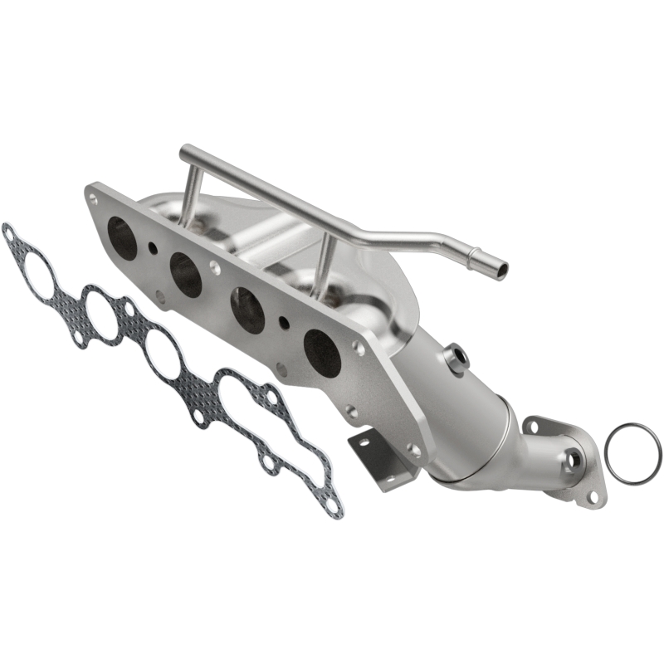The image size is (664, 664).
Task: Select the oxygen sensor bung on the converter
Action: click(455, 359)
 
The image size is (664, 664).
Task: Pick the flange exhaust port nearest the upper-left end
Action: click(123, 236)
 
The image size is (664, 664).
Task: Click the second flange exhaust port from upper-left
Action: click(185, 275)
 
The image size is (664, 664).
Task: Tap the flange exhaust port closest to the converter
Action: click(322, 351)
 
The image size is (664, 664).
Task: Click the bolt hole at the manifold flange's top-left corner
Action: click(93, 199)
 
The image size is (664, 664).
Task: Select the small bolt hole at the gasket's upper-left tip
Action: click(9, 232)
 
